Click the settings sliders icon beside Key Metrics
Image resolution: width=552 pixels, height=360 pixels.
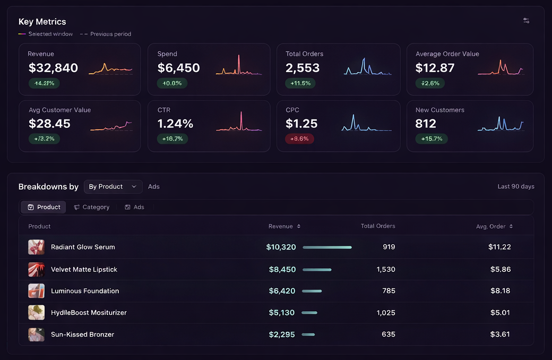click(x=526, y=21)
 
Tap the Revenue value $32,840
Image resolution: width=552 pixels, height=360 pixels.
click(x=53, y=68)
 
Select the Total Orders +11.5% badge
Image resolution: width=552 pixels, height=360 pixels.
click(x=300, y=83)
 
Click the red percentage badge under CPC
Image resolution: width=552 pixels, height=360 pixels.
click(x=299, y=139)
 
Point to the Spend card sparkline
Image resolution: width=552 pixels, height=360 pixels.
click(x=239, y=66)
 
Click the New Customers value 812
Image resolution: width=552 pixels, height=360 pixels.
click(x=426, y=124)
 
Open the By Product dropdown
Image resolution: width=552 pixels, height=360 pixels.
click(x=113, y=186)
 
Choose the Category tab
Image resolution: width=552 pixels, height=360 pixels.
click(x=92, y=207)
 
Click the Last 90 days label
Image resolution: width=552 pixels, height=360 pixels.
click(x=515, y=186)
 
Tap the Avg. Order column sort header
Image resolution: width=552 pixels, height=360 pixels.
click(x=494, y=226)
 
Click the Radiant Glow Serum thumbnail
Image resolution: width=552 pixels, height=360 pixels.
click(x=36, y=247)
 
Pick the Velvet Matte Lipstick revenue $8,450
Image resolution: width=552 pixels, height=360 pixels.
click(x=282, y=269)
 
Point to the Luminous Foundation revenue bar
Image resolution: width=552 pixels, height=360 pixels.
click(x=312, y=291)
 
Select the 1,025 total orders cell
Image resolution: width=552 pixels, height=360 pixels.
click(x=385, y=313)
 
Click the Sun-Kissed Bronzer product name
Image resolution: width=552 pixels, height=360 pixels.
click(x=82, y=335)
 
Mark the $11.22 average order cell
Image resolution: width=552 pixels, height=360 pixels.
click(x=499, y=247)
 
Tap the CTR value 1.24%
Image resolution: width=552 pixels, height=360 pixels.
click(x=175, y=124)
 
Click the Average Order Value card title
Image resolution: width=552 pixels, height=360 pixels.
click(x=447, y=54)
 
